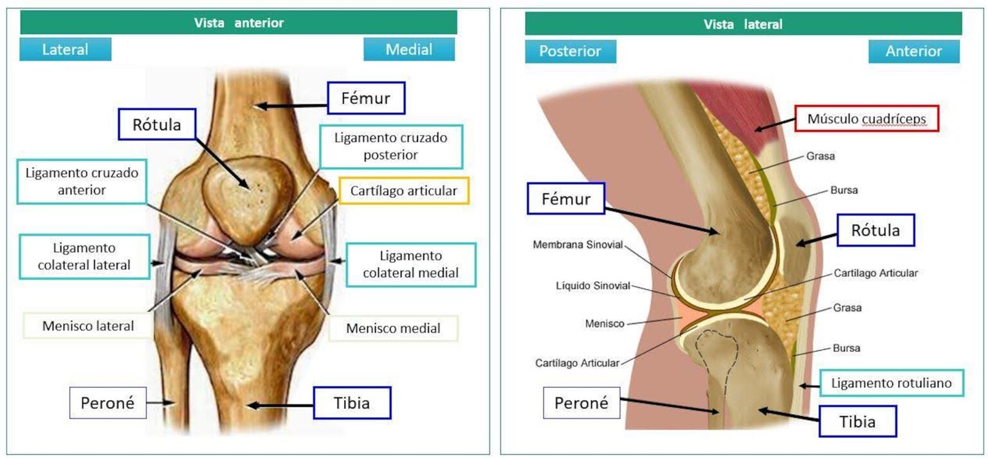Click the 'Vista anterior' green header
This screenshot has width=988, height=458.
pos(239,23)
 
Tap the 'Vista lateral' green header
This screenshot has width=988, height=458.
pos(743,24)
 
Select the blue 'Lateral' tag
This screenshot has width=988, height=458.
pos(65,49)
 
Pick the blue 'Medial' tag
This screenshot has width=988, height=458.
pos(409,49)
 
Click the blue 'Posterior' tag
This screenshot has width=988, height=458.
pos(571,52)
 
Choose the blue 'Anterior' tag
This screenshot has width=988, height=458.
pos(914,52)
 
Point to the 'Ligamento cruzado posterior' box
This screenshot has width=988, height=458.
pos(391,147)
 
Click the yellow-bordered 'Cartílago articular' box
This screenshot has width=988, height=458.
pos(403,191)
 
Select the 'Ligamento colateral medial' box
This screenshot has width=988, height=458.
pos(410,265)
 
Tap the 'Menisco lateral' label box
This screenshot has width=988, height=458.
pos(87,326)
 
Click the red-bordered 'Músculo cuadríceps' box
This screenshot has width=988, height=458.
pos(866,119)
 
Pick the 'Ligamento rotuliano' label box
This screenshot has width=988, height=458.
pos(892,383)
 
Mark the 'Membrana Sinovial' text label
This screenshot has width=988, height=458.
pos(578,245)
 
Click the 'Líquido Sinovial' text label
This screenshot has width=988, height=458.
pos(593,286)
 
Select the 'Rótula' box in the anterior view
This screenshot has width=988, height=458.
pos(156,124)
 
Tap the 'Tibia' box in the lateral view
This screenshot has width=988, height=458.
pos(857,421)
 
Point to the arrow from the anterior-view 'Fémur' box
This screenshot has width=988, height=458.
pos(292,106)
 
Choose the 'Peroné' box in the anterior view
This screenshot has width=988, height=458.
pos(107,403)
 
